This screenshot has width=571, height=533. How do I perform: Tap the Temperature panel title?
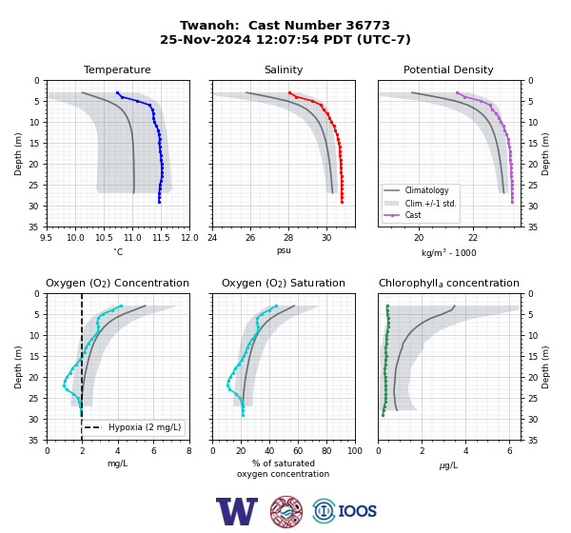click(x=117, y=69)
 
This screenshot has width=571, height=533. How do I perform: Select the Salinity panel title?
click(x=284, y=69)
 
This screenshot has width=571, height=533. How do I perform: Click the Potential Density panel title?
click(x=448, y=69)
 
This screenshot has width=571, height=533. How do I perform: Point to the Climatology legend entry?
click(x=426, y=190)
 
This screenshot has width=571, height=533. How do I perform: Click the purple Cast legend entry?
click(x=413, y=215)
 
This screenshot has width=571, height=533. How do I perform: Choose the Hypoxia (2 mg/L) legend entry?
click(x=145, y=427)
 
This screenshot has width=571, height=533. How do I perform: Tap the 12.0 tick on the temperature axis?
click(x=189, y=238)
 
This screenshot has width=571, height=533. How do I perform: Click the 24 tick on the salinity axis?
click(x=212, y=238)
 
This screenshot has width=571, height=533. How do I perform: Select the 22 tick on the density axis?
click(x=473, y=238)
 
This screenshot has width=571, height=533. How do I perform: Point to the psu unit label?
click(x=284, y=250)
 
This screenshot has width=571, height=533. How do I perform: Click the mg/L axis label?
click(x=117, y=464)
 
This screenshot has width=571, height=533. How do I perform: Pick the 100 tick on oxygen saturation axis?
click(x=355, y=451)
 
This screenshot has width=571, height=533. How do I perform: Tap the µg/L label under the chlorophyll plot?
click(x=448, y=465)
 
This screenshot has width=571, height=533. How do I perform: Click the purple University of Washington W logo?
click(x=237, y=511)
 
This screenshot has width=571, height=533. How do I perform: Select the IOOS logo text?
click(x=357, y=511)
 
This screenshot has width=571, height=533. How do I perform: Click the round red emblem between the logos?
click(x=286, y=511)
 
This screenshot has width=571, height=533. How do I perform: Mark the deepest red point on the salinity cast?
click(x=342, y=202)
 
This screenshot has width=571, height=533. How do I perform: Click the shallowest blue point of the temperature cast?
click(x=117, y=93)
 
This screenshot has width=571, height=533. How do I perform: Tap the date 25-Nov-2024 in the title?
click(x=206, y=39)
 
